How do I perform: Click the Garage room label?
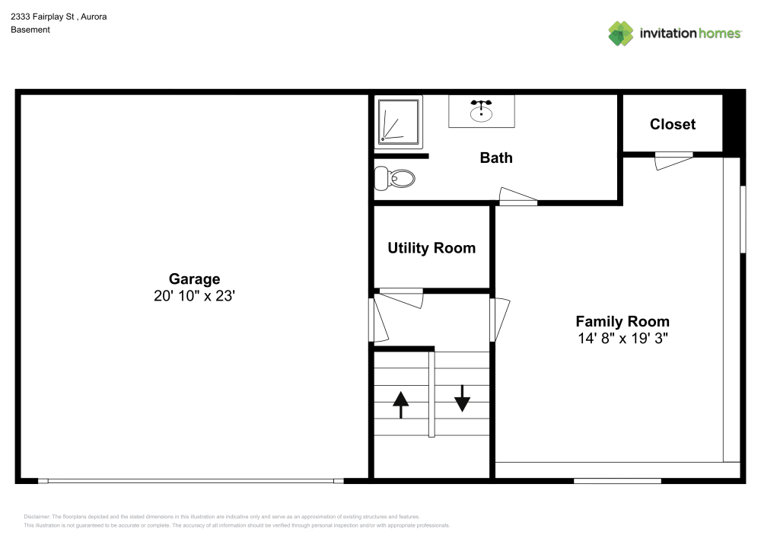[194, 279]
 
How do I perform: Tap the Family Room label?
[622, 321]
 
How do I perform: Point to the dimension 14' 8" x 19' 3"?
[622, 339]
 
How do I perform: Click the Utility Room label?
[431, 248]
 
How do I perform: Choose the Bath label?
[495, 158]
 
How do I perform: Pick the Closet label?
[672, 124]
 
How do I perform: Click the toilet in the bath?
[396, 179]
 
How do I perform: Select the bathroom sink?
[481, 111]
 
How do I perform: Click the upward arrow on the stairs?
[400, 404]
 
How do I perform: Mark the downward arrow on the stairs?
[462, 398]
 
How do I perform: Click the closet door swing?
[673, 161]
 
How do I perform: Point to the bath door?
[517, 197]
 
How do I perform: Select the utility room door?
[402, 298]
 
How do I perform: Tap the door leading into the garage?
[378, 320]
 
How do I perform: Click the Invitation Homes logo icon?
[621, 33]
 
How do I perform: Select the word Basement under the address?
[30, 30]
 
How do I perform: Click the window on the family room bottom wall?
[617, 480]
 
